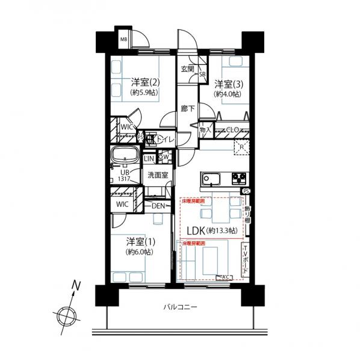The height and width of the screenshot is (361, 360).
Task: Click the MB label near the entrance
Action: (123, 40)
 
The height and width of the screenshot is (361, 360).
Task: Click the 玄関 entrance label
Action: (187, 69)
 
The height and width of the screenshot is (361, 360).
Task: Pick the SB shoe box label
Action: (202, 75)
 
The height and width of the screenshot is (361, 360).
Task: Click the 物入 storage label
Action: (205, 130)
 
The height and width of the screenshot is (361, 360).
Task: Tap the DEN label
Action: (158, 206)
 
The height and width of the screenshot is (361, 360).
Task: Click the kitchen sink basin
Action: (211, 178)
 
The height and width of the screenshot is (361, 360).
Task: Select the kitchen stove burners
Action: (237, 178)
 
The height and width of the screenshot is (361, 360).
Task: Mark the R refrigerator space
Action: (241, 146)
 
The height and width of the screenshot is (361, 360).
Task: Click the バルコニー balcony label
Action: (180, 307)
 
